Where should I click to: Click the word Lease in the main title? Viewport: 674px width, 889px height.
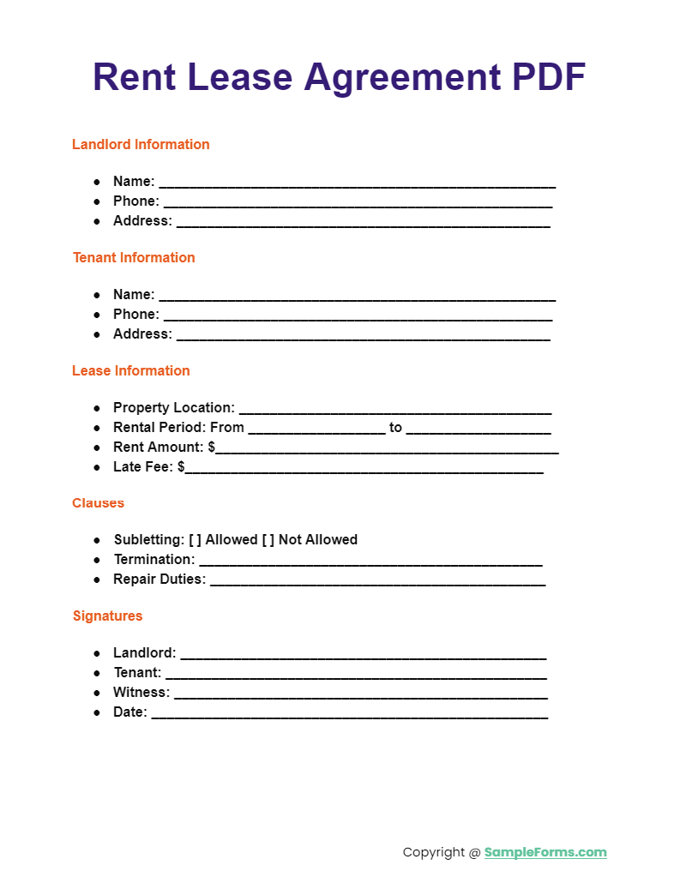pos(238,77)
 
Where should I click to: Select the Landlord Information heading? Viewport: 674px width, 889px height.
pos(141,144)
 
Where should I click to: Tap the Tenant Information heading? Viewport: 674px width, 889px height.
pos(134,257)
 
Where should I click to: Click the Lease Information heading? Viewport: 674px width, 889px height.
pos(131,370)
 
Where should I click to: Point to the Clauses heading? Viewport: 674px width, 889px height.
pos(98,502)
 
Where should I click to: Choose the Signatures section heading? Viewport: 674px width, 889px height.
pos(107,616)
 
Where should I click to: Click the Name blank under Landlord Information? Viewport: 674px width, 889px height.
pos(357,183)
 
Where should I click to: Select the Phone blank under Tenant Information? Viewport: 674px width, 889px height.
pos(357,315)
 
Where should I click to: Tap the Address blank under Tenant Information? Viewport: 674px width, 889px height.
pos(363,335)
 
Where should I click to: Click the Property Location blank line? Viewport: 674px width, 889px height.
pos(394,409)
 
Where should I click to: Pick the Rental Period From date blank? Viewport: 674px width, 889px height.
pos(316,429)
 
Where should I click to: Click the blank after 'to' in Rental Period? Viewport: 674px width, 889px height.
pos(478,429)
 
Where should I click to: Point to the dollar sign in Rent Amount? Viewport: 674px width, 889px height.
pos(212,447)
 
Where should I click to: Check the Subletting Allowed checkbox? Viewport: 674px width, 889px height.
pos(195,539)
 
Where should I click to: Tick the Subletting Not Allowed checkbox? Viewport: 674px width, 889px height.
pos(268,539)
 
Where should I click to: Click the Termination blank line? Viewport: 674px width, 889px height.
pos(370,561)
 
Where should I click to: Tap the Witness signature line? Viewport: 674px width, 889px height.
pos(360,694)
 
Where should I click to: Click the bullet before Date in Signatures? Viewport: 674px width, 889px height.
pos(97,712)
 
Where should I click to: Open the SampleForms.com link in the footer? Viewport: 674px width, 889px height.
pos(545,852)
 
